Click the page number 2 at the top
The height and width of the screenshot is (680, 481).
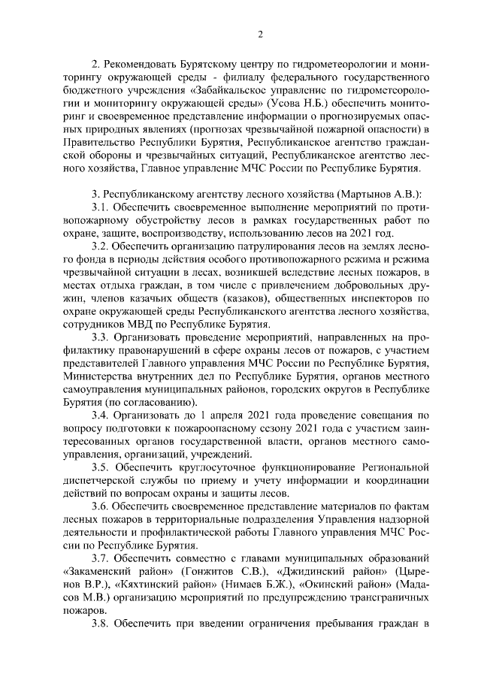260,34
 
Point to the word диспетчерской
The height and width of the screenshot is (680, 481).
95,480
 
